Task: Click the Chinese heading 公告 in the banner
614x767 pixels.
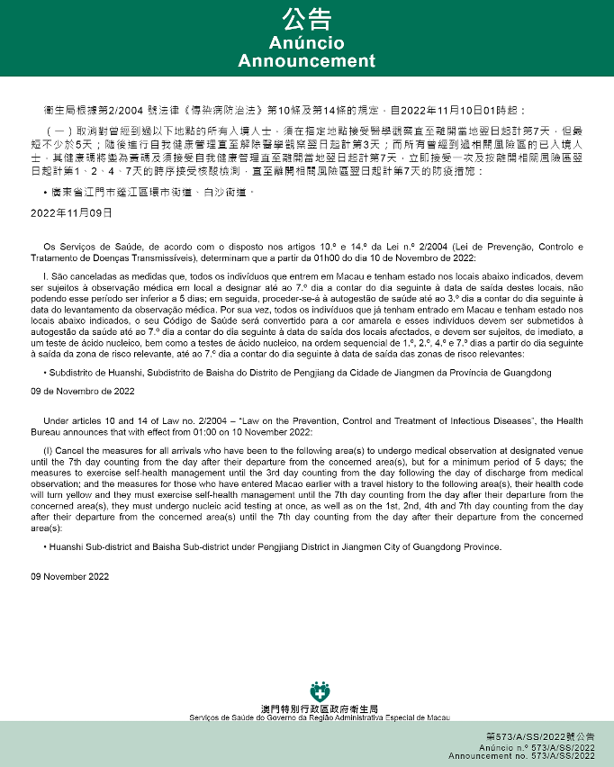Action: click(306, 20)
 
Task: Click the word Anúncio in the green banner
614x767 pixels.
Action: click(306, 43)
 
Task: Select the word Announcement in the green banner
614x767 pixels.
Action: click(306, 61)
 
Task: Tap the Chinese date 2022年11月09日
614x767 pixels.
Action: click(71, 212)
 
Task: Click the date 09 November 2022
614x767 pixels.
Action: click(70, 576)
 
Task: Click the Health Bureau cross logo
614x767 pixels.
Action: click(320, 694)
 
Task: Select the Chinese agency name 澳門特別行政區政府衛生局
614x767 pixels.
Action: click(320, 709)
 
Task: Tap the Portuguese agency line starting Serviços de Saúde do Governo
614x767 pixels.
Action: click(320, 717)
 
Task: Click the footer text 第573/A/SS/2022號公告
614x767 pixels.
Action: click(541, 737)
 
